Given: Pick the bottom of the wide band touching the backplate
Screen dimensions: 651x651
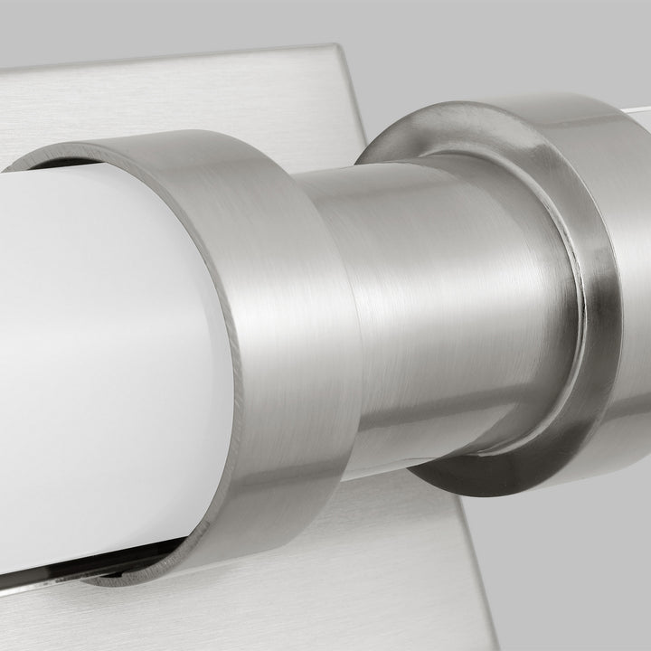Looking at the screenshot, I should (271, 556).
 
